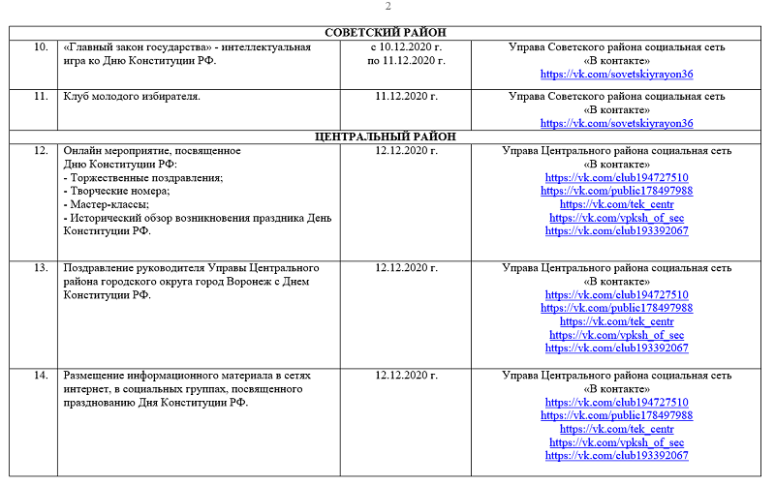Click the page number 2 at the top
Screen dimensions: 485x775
point(388,7)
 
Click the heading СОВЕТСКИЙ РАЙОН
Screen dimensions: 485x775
point(385,33)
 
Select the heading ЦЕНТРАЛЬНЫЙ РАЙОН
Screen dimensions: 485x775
point(385,137)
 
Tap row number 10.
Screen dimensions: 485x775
point(40,46)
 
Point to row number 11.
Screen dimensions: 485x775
point(40,96)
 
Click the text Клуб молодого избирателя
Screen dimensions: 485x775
point(132,96)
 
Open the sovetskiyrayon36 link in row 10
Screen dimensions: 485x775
point(616,74)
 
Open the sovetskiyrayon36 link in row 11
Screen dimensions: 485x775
point(616,123)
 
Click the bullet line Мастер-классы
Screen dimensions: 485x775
point(106,204)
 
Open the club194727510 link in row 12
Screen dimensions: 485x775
point(616,178)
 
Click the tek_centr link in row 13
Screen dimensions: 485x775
point(616,321)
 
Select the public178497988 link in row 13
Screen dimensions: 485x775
point(616,308)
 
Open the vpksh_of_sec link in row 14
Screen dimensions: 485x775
point(616,442)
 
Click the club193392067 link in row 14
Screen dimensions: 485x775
point(616,455)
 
